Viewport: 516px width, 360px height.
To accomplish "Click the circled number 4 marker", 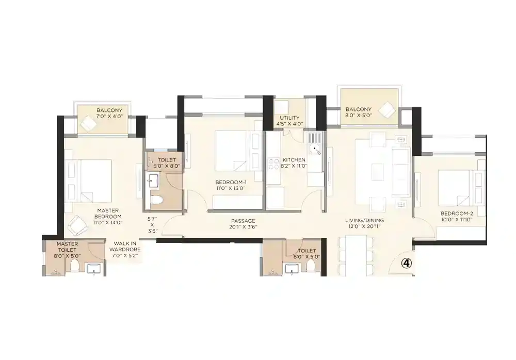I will click(x=407, y=263).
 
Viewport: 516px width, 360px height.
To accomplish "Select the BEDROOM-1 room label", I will click(x=231, y=185).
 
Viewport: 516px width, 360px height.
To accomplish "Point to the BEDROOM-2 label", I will click(x=456, y=216).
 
